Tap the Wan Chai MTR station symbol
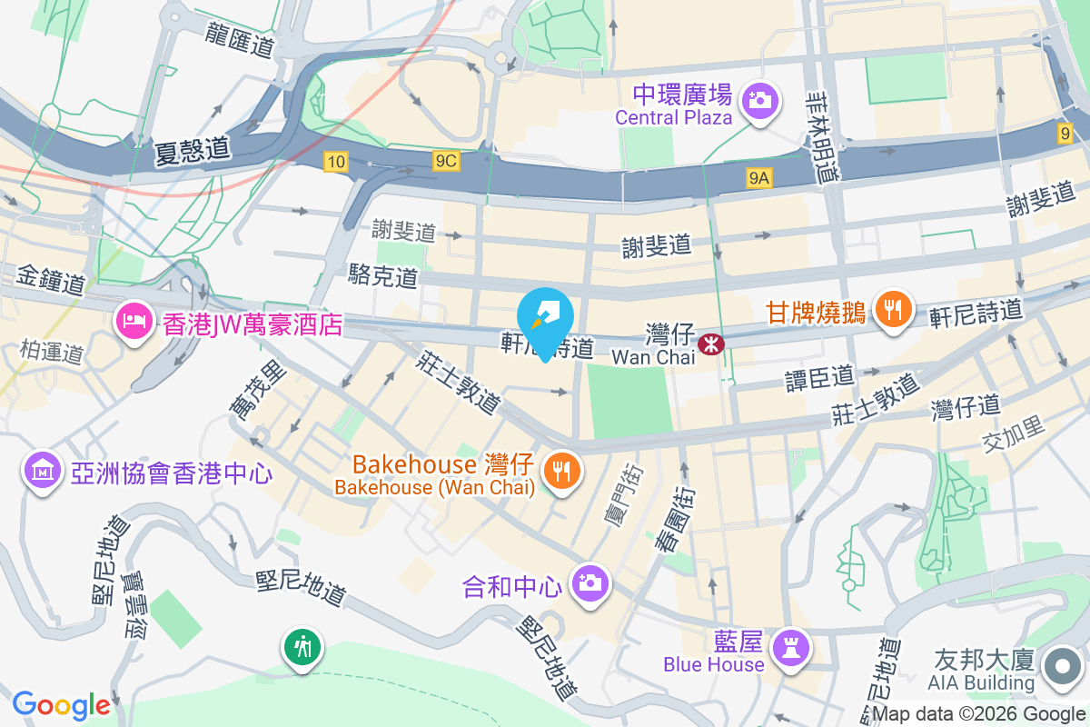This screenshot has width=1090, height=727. (711, 344)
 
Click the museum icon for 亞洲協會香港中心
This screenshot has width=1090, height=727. (43, 472)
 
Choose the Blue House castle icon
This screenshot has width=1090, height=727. (788, 648)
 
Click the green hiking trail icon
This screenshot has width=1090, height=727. (302, 647)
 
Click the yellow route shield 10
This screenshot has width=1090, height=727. (336, 162)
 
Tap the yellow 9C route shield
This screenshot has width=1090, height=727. (446, 162)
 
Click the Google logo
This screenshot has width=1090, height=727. (61, 705)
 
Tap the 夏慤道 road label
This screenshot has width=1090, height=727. (192, 149)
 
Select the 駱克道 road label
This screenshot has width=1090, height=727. (382, 275)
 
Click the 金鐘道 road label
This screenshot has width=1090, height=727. (50, 280)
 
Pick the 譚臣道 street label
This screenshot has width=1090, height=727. (820, 377)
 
